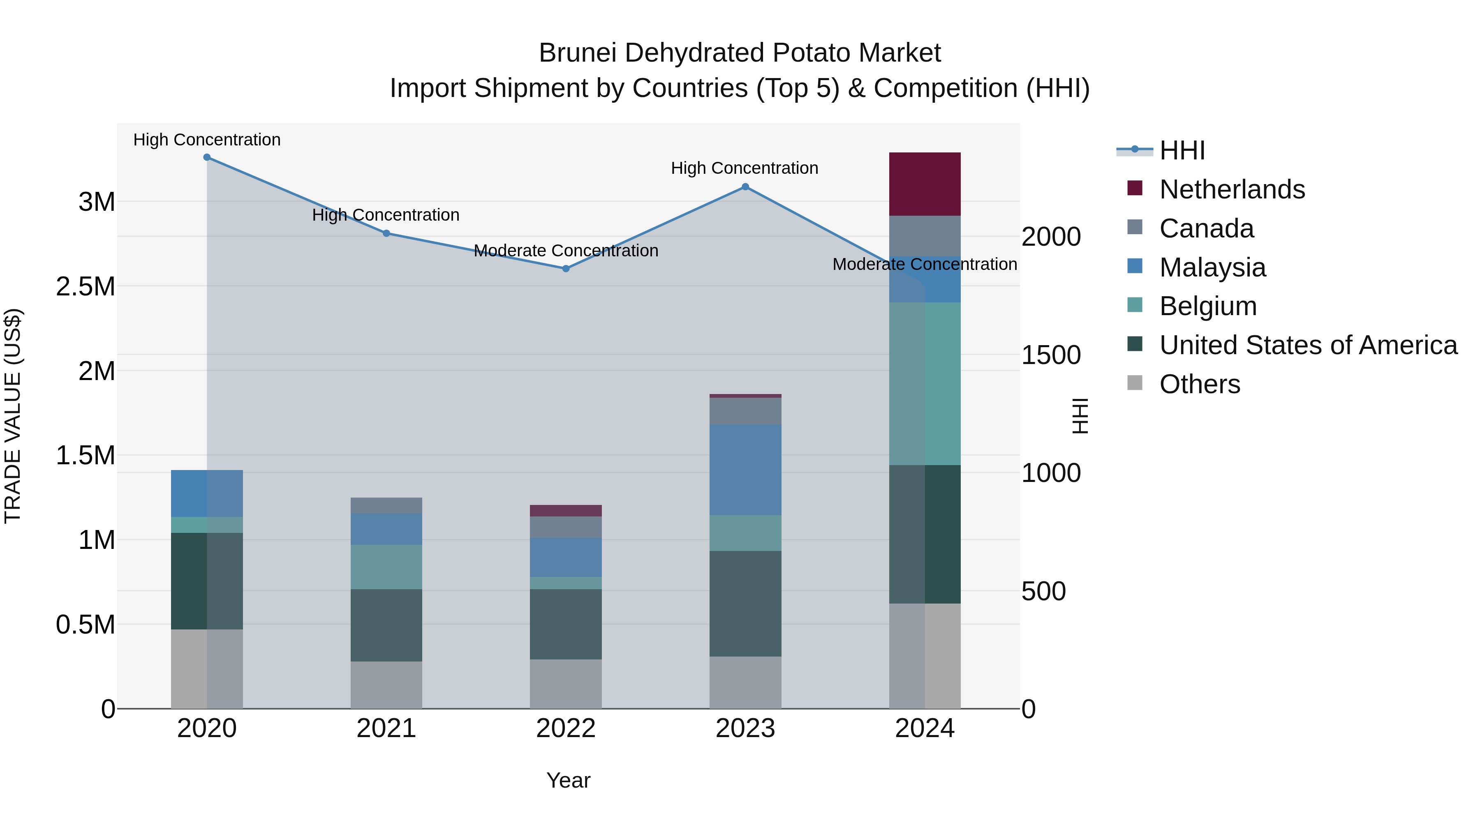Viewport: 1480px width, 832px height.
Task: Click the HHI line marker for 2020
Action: (x=207, y=157)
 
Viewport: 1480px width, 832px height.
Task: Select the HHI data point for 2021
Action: (x=386, y=233)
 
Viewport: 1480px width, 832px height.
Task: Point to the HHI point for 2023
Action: (x=745, y=187)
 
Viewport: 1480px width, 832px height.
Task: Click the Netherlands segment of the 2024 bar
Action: (x=925, y=184)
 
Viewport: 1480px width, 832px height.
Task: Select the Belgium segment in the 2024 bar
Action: (x=925, y=384)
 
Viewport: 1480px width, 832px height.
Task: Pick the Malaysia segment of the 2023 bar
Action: (x=745, y=470)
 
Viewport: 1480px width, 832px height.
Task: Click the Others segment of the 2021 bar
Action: (x=386, y=684)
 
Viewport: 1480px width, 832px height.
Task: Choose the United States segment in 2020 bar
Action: (x=207, y=581)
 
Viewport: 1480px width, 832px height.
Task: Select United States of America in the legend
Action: (x=1308, y=345)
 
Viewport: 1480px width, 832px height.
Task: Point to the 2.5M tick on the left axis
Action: (x=85, y=286)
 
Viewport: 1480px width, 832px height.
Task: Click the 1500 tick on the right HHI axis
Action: (x=1051, y=355)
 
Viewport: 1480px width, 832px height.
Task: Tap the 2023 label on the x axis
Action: (x=745, y=728)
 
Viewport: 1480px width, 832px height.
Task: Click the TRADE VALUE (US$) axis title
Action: (x=13, y=416)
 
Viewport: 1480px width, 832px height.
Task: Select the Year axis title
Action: (x=568, y=780)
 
